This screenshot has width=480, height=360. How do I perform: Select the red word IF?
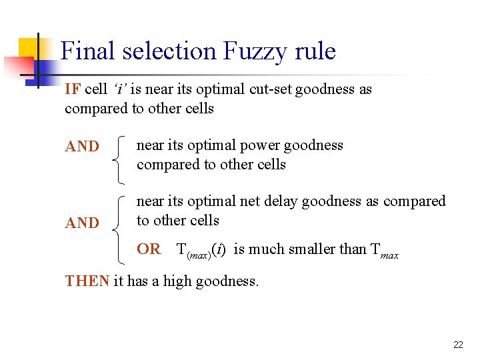pos(73,89)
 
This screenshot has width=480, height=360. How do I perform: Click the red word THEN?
pos(87,281)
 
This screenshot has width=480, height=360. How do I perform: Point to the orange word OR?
pos(149,249)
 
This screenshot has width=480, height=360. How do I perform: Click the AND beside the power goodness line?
pos(82,147)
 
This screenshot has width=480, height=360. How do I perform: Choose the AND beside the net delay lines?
pos(82,223)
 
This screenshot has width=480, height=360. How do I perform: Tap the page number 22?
pos(458,345)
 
